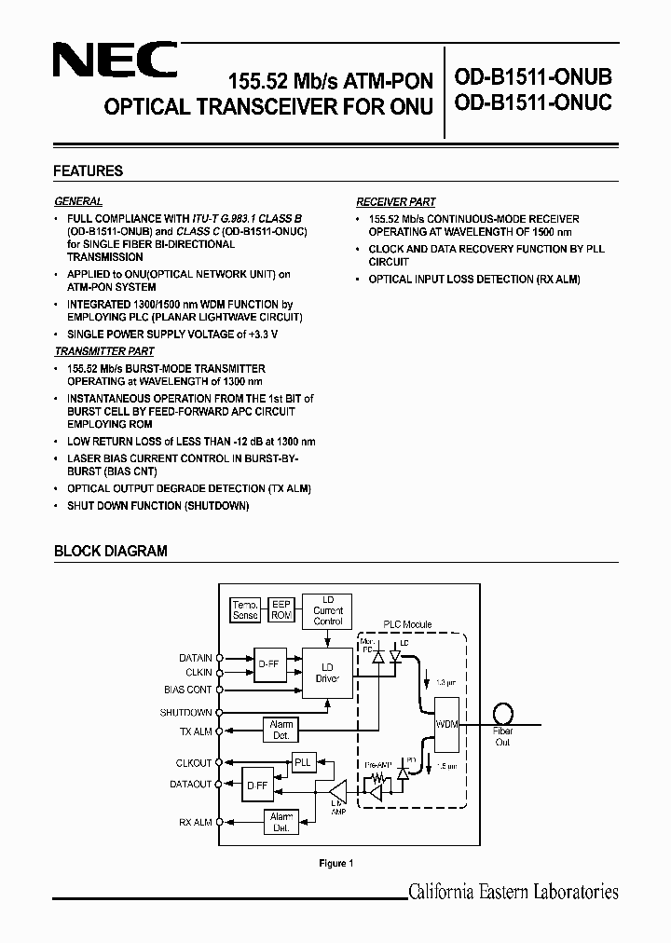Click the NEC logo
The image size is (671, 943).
click(x=114, y=63)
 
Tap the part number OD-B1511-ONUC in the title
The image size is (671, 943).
click(x=533, y=103)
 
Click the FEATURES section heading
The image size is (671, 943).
click(x=89, y=171)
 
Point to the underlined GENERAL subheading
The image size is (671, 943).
click(x=78, y=201)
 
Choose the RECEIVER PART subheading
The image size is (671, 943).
click(x=396, y=201)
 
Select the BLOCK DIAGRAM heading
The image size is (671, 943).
click(x=111, y=551)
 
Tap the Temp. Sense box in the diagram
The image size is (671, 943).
click(x=244, y=610)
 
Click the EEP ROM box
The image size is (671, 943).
click(x=281, y=610)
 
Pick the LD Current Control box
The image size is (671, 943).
click(x=327, y=610)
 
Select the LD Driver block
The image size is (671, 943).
click(x=327, y=673)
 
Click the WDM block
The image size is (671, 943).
click(x=447, y=724)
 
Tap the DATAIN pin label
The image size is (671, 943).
click(x=195, y=658)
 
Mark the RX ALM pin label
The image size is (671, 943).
click(x=195, y=822)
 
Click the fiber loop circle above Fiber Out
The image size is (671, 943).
click(x=504, y=713)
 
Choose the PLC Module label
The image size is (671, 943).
click(x=408, y=625)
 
